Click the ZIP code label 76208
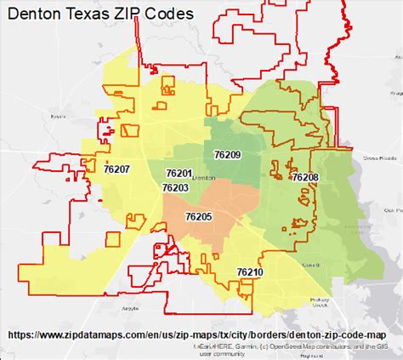pos(304,177)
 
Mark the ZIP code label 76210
pos(250,271)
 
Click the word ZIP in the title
pos(139,15)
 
